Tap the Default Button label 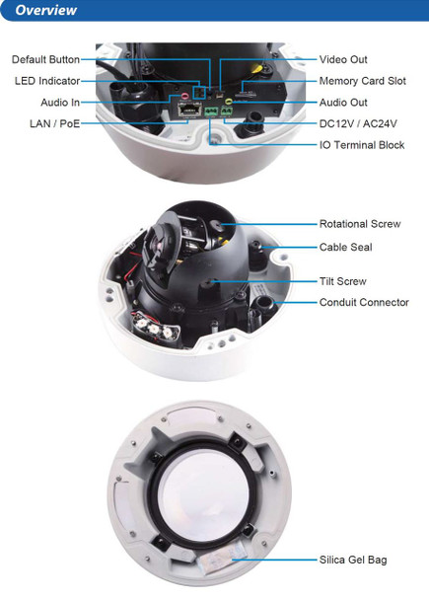click(45, 60)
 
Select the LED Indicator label click(47, 81)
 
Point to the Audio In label click(60, 103)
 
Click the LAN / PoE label click(55, 123)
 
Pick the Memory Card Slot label click(362, 81)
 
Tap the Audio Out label click(343, 103)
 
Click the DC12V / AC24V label click(358, 124)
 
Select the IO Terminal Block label click(362, 145)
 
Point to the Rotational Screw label click(360, 225)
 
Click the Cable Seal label click(345, 247)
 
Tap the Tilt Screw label click(342, 281)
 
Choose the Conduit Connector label click(364, 303)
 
